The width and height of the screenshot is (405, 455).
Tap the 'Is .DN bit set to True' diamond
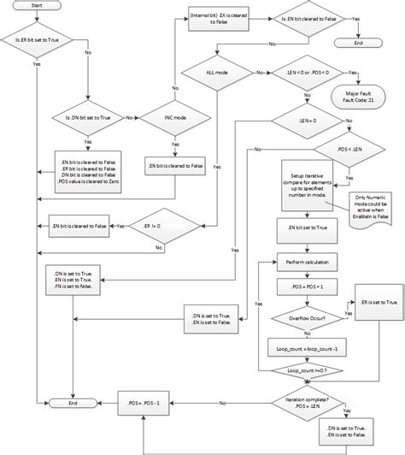89,117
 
